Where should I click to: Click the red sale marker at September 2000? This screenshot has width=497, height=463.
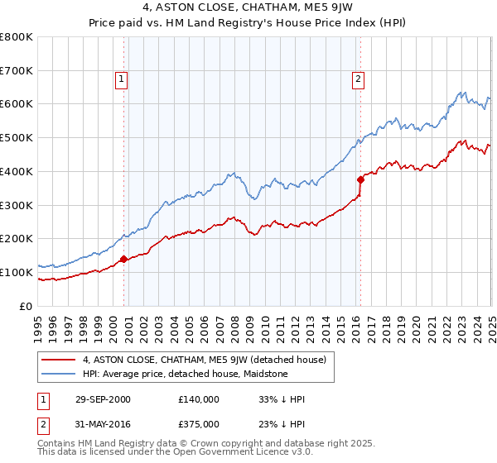pos(123,259)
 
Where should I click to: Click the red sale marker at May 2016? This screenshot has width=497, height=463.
pos(360,179)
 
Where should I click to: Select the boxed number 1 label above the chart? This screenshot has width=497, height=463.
pos(122,79)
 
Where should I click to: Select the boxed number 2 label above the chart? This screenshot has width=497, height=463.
pos(358,79)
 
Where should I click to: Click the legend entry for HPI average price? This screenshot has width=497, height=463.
pos(185,374)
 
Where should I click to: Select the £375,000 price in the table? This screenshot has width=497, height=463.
pos(198,426)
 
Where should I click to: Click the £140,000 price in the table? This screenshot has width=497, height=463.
pos(198,399)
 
